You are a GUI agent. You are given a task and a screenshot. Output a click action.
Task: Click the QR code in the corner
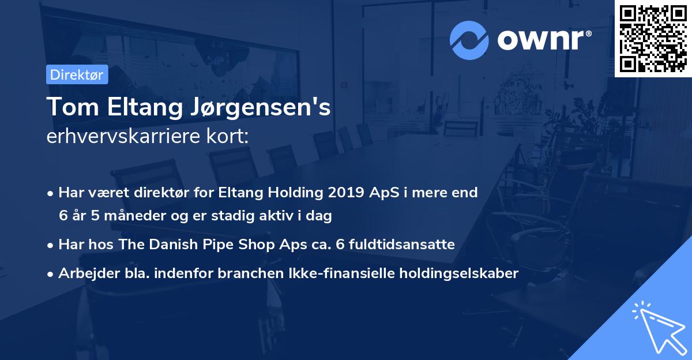(653, 39)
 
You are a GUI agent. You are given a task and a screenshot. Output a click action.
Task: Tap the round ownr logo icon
(469, 40)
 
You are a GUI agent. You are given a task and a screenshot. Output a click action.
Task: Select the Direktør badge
(77, 74)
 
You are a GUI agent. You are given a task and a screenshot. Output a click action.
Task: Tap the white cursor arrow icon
(658, 327)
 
